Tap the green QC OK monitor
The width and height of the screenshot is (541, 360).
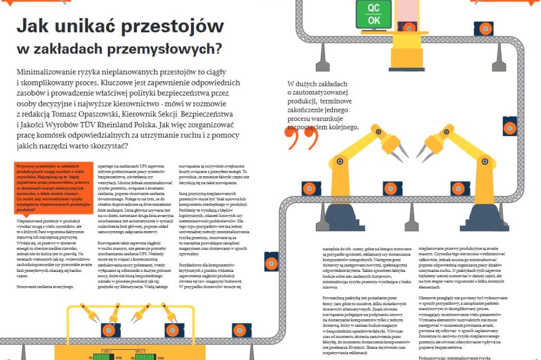pos(374,14)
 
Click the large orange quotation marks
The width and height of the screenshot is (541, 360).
pos(302,138)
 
